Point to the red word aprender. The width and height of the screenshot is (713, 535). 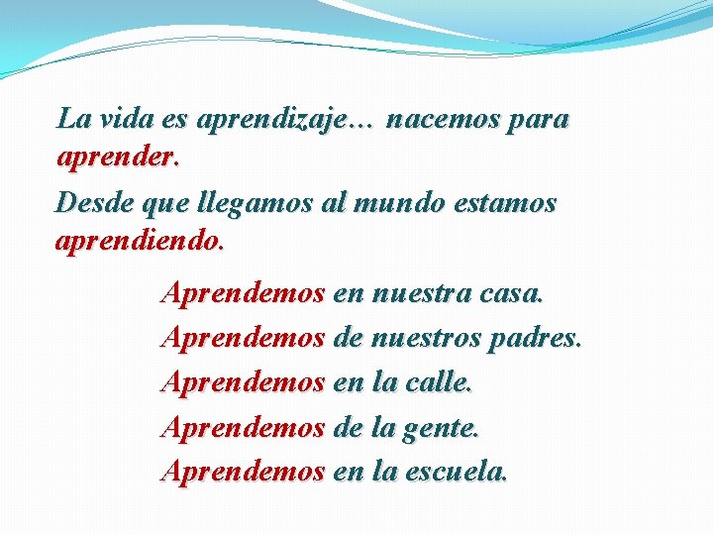tap(117, 158)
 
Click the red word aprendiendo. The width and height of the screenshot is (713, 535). tap(140, 240)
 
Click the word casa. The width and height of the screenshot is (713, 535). tap(511, 293)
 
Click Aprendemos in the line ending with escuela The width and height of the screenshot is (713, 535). tap(243, 473)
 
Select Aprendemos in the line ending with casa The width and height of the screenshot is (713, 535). tap(243, 293)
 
